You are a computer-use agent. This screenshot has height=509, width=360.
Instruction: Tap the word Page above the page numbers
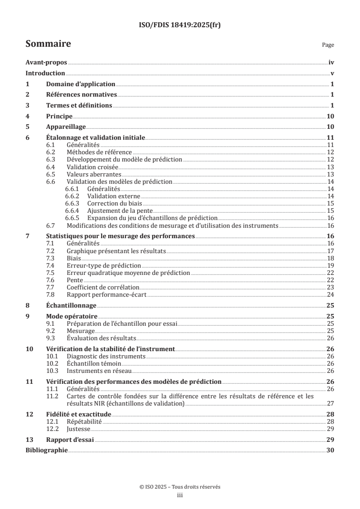click(x=328, y=45)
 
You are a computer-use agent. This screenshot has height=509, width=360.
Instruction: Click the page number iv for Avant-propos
click(x=331, y=64)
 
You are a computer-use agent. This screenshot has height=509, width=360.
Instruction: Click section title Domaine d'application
click(x=81, y=84)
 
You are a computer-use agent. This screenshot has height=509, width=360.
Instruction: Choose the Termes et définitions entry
click(x=79, y=106)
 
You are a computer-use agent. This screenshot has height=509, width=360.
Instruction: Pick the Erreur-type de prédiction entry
click(x=104, y=265)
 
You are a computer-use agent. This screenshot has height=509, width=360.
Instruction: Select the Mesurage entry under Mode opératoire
click(x=80, y=331)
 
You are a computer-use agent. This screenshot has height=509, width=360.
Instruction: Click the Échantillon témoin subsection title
click(x=92, y=363)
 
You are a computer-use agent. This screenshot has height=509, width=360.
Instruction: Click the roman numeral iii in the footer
click(x=180, y=495)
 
